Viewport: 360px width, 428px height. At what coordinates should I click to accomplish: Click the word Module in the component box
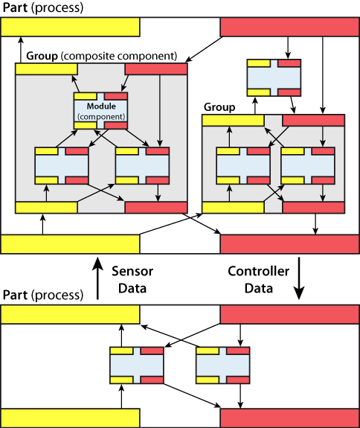coord(101,106)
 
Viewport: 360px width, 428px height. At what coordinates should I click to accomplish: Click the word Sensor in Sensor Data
coord(132,272)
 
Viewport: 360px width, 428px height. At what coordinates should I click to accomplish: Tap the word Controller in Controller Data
coord(259,272)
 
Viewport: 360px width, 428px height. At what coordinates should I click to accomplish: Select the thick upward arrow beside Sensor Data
coord(97,278)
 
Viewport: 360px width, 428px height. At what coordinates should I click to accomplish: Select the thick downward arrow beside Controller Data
coord(299,278)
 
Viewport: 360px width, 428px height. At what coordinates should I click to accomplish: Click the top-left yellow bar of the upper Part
coord(71,27)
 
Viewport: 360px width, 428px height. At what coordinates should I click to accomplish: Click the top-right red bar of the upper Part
coord(289,27)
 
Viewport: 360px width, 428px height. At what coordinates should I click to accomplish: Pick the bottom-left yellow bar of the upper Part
coord(71,244)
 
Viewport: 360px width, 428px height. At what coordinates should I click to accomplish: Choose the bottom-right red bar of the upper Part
coord(289,244)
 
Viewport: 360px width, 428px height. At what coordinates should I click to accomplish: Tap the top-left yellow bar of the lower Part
coord(71,314)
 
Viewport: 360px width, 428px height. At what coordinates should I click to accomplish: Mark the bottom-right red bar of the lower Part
coord(289,418)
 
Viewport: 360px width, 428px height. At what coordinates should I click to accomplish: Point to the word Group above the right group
coord(219,107)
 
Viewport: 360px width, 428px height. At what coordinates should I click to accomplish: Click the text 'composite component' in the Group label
coord(119,56)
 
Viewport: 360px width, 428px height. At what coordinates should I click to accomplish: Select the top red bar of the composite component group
coord(156,69)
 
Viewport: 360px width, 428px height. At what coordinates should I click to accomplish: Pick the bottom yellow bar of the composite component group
coord(46,208)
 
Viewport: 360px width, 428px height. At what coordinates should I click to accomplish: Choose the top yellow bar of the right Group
coord(233,121)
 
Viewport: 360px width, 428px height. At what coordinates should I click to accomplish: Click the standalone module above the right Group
coord(274,78)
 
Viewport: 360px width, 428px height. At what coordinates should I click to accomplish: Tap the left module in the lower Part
coord(137,365)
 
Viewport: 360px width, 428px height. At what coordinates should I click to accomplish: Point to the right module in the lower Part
coord(223,365)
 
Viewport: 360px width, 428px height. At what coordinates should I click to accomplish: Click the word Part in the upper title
coord(15,7)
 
